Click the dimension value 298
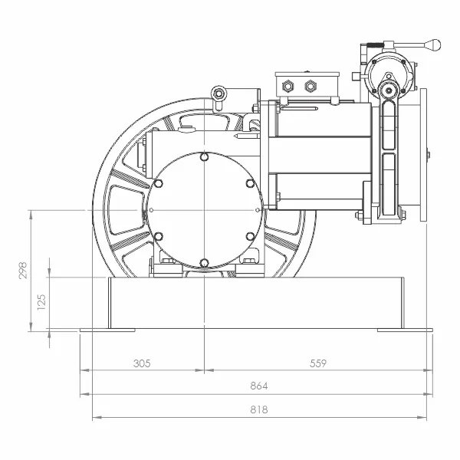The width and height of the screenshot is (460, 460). pos(23,270)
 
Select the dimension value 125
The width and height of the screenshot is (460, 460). pos(41,302)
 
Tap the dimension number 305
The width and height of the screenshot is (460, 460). pos(142,363)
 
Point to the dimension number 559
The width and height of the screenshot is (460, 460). pos(318,363)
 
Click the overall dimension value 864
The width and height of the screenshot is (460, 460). pos(259,386)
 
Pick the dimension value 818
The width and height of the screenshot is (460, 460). pos(259,409)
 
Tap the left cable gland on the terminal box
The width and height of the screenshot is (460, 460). pos(287,87)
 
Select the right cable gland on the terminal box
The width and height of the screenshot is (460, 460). pos(310,86)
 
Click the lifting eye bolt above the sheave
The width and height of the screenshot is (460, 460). pos(219,94)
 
